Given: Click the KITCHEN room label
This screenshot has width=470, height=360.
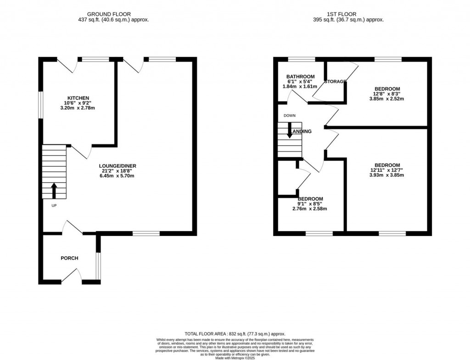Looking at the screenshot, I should pos(78,98).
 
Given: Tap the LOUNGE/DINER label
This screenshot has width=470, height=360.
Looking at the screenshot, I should pos(119,166).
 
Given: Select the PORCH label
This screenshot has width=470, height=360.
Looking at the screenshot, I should pos(69,258).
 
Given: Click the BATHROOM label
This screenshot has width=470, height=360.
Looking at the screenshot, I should pos(300,77).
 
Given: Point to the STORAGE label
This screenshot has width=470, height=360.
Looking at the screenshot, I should pos(335,82).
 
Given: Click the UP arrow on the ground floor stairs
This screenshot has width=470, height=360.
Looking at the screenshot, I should pos(54,190).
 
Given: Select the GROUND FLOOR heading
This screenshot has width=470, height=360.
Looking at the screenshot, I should pos(113,14).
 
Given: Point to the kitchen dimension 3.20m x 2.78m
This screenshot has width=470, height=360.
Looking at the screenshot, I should pos(78,108).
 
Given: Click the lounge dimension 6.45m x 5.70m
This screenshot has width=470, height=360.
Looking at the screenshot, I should pos(119,176).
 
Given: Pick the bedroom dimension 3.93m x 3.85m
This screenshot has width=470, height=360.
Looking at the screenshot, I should pos(387,175).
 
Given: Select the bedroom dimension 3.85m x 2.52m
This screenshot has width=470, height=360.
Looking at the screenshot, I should pos(387,99).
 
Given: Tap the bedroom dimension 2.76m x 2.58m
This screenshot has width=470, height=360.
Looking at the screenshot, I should pos(310,209).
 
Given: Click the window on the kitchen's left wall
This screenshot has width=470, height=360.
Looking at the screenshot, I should pos(40,105).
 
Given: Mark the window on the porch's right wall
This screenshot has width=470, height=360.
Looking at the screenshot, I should pos(97,266).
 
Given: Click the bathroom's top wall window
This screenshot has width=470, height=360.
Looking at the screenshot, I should pos(302,59).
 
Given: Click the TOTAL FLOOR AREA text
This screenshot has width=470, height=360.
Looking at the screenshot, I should pos(235,334).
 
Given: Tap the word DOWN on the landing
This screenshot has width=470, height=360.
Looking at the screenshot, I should pos(290,115).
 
